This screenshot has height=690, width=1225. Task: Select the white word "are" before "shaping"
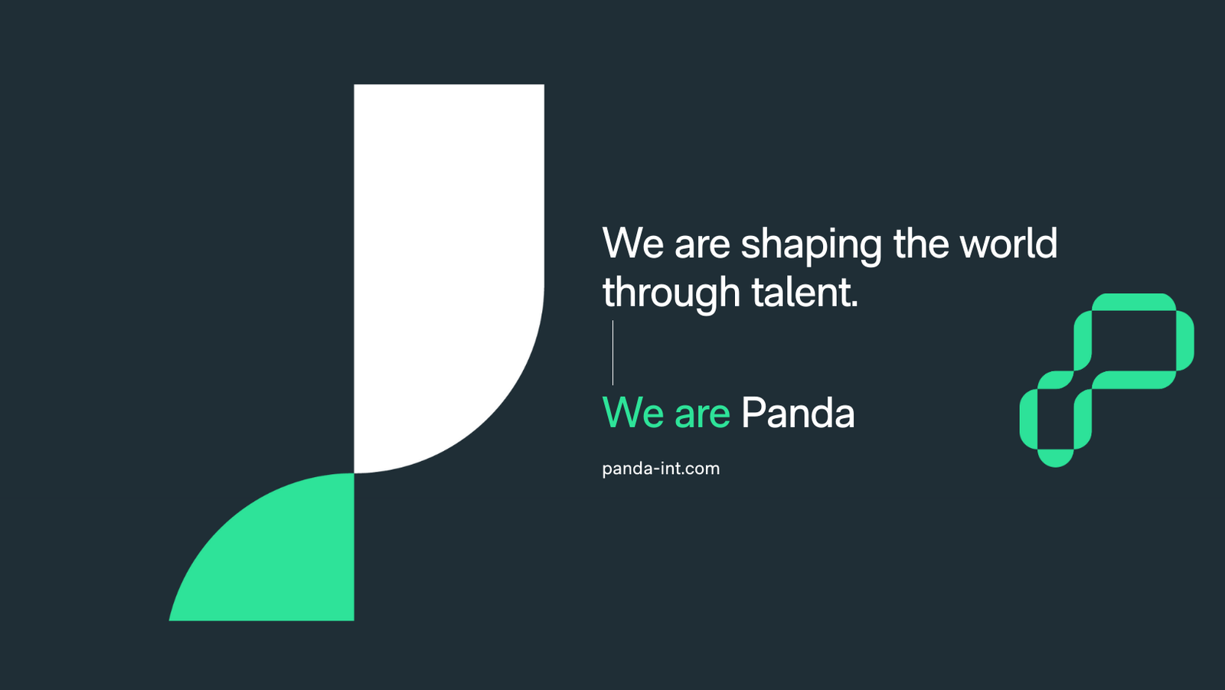702,247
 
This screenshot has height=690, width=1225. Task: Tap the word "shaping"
811,246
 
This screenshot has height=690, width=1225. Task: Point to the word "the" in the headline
921,243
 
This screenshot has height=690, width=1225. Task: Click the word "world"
1008,243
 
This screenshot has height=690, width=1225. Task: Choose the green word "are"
702,416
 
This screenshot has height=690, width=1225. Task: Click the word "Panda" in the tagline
797,412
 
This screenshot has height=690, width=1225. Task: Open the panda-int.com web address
661,469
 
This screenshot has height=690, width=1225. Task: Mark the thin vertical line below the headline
613,353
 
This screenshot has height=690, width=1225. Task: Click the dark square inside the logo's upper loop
1134,340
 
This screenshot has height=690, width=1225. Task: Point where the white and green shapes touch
354,473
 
